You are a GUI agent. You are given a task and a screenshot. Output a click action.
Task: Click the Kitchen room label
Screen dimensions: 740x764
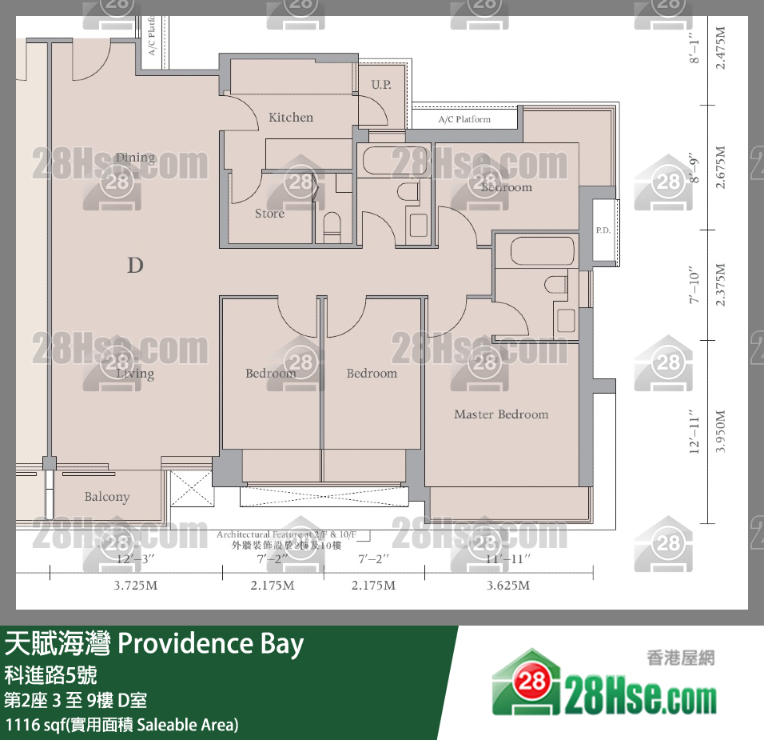(291, 118)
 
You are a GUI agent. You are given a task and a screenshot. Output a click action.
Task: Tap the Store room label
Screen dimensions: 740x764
(269, 214)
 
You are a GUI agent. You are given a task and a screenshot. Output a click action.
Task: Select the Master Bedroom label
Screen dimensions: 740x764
(501, 414)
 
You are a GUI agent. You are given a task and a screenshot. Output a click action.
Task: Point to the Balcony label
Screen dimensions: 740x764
(106, 497)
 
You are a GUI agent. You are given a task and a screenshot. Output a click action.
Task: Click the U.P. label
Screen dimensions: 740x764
(381, 84)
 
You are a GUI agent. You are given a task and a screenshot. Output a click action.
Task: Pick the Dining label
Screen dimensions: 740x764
(134, 158)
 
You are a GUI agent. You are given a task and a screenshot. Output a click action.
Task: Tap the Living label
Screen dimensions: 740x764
(134, 374)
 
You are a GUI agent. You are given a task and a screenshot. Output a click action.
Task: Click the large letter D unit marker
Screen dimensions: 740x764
(135, 265)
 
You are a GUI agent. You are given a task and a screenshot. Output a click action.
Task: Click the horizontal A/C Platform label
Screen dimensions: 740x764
(464, 120)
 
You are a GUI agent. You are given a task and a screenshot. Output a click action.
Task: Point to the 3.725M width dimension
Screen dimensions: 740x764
(135, 586)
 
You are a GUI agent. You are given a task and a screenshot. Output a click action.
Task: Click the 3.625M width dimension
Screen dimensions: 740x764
(508, 586)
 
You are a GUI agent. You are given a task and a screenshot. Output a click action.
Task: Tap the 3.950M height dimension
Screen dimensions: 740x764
(721, 432)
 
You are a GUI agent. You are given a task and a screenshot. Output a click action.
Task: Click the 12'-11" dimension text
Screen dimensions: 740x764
(695, 432)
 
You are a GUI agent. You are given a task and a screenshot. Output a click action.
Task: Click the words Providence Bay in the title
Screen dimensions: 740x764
(211, 644)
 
